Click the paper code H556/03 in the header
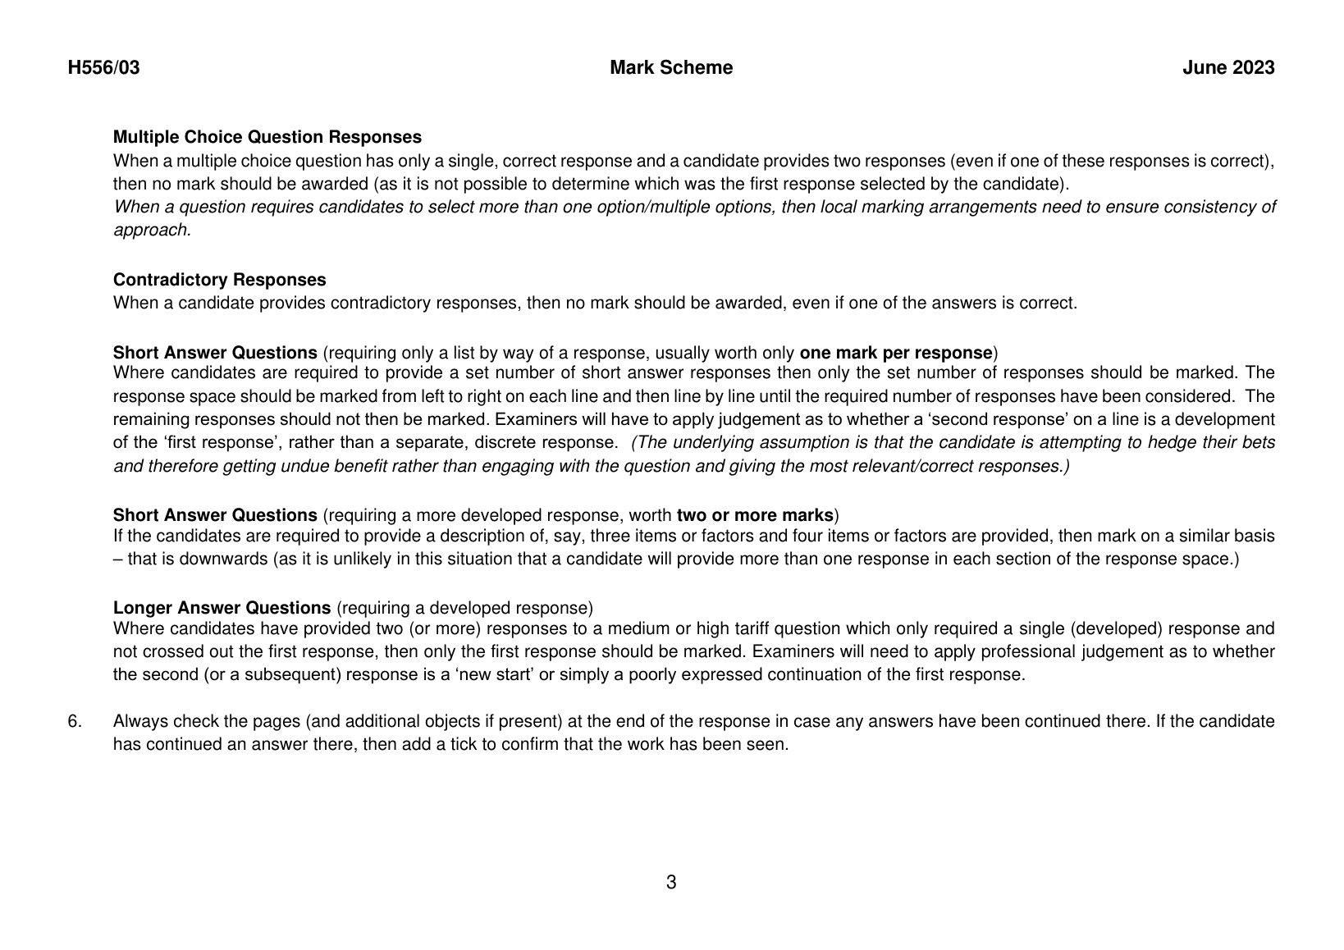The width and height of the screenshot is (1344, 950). tap(103, 68)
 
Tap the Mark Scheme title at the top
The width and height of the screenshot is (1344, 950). tap(671, 68)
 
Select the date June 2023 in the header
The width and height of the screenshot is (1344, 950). tap(1228, 68)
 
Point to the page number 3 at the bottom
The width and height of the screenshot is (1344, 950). tap(671, 883)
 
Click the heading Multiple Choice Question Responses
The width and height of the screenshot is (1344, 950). tap(267, 137)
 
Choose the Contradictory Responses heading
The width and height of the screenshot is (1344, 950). tap(219, 280)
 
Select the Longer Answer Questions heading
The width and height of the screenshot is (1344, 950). tap(222, 608)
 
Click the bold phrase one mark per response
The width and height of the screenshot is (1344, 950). tap(896, 353)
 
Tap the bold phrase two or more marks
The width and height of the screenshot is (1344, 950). tap(755, 515)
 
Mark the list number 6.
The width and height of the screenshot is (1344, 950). tap(74, 722)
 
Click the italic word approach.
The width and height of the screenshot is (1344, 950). tap(152, 231)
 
